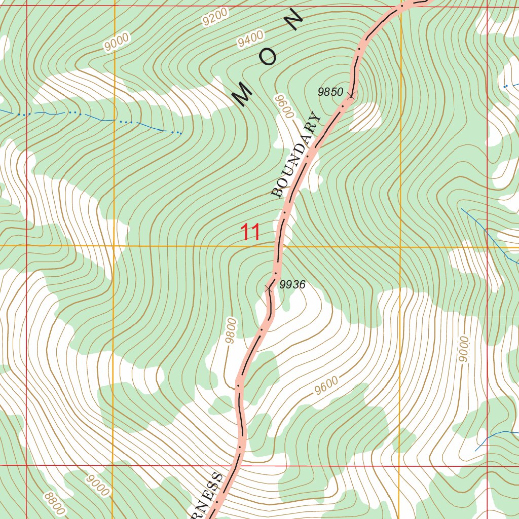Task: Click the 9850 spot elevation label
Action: tap(330, 92)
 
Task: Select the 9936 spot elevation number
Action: tap(292, 285)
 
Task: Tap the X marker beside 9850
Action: tap(351, 95)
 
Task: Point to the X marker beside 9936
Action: tap(268, 288)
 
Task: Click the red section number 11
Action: tap(250, 233)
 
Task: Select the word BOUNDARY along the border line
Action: tap(296, 155)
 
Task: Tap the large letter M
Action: tap(243, 94)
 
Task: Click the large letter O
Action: tap(268, 58)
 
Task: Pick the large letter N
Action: tap(293, 21)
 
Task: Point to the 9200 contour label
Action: tap(214, 18)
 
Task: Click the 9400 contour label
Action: tap(251, 39)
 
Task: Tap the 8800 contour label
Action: tap(55, 502)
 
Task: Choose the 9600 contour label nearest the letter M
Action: tap(284, 106)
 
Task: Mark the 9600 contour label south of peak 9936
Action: tap(325, 386)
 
